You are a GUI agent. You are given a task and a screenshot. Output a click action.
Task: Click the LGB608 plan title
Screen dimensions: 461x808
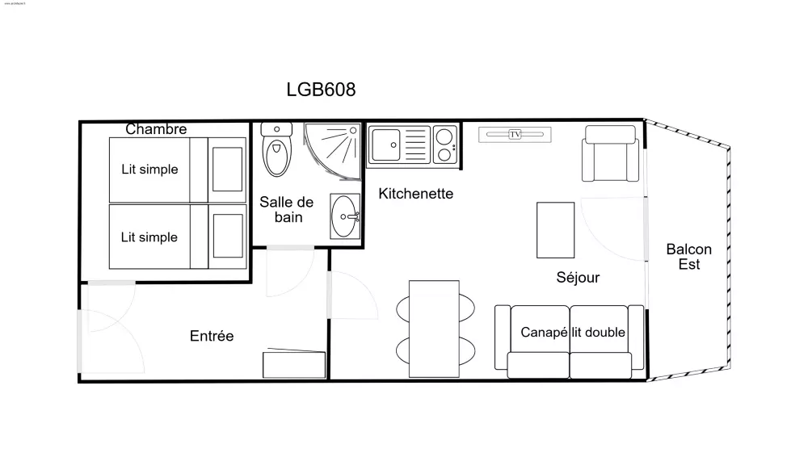[321, 90]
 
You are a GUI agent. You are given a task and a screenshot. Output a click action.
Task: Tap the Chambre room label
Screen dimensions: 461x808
[156, 129]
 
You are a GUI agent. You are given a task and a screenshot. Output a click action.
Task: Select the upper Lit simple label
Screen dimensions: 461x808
[149, 170]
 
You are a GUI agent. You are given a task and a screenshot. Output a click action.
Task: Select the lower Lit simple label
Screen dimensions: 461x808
[149, 237]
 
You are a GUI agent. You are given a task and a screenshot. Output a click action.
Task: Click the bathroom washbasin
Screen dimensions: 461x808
[347, 216]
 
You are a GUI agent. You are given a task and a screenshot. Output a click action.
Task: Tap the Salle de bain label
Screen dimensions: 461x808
[280, 210]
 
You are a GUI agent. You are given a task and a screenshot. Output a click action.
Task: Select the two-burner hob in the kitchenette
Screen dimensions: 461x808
[443, 145]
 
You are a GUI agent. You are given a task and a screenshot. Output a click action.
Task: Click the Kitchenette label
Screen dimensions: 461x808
[416, 194]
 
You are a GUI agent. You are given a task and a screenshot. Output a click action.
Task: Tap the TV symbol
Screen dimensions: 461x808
[515, 134]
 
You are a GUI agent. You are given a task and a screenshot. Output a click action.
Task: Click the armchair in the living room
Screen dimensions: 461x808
[610, 158]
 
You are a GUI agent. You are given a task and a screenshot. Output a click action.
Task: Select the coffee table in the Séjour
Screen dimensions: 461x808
[556, 229]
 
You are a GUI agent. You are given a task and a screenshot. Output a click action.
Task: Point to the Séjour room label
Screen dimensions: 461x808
[578, 278]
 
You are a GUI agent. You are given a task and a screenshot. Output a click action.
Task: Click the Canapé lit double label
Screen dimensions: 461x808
[573, 333]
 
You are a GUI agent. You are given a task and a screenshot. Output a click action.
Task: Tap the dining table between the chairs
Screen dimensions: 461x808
[434, 328]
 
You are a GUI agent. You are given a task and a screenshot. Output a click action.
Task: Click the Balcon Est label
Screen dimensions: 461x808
[688, 257]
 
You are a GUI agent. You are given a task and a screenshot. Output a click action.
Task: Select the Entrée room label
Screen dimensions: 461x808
[212, 336]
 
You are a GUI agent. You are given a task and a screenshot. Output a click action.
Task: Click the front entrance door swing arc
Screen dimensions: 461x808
[109, 319]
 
